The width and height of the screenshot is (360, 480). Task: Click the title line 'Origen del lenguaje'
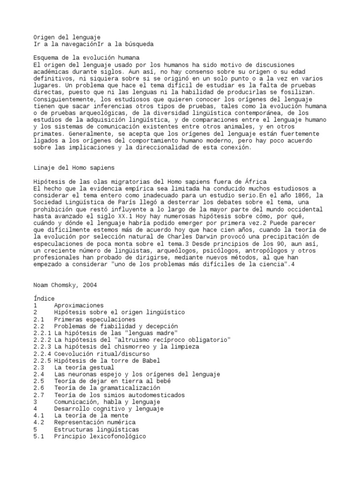tap(67, 37)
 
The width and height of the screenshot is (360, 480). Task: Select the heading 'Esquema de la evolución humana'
tap(87, 58)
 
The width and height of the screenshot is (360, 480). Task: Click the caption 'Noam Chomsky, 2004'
tap(65, 285)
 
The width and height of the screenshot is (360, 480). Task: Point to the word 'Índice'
tap(44, 299)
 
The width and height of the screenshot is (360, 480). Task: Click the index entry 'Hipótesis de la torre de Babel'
tap(107, 360)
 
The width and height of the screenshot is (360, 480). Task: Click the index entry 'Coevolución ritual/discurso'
tap(102, 353)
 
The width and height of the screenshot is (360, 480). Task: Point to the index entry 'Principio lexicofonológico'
tap(100, 436)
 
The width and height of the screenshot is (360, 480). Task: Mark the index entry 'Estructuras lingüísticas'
tap(96, 429)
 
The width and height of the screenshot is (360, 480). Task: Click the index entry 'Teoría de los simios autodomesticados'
tap(119, 395)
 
